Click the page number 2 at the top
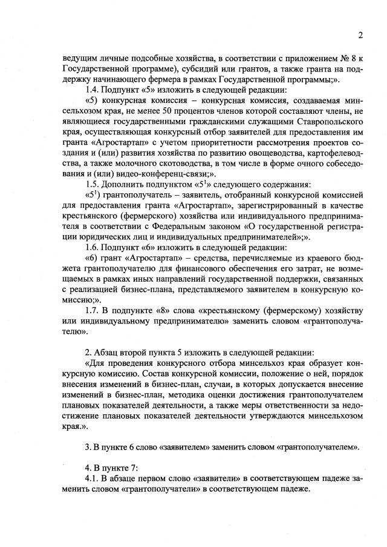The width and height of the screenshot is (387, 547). click(360, 35)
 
